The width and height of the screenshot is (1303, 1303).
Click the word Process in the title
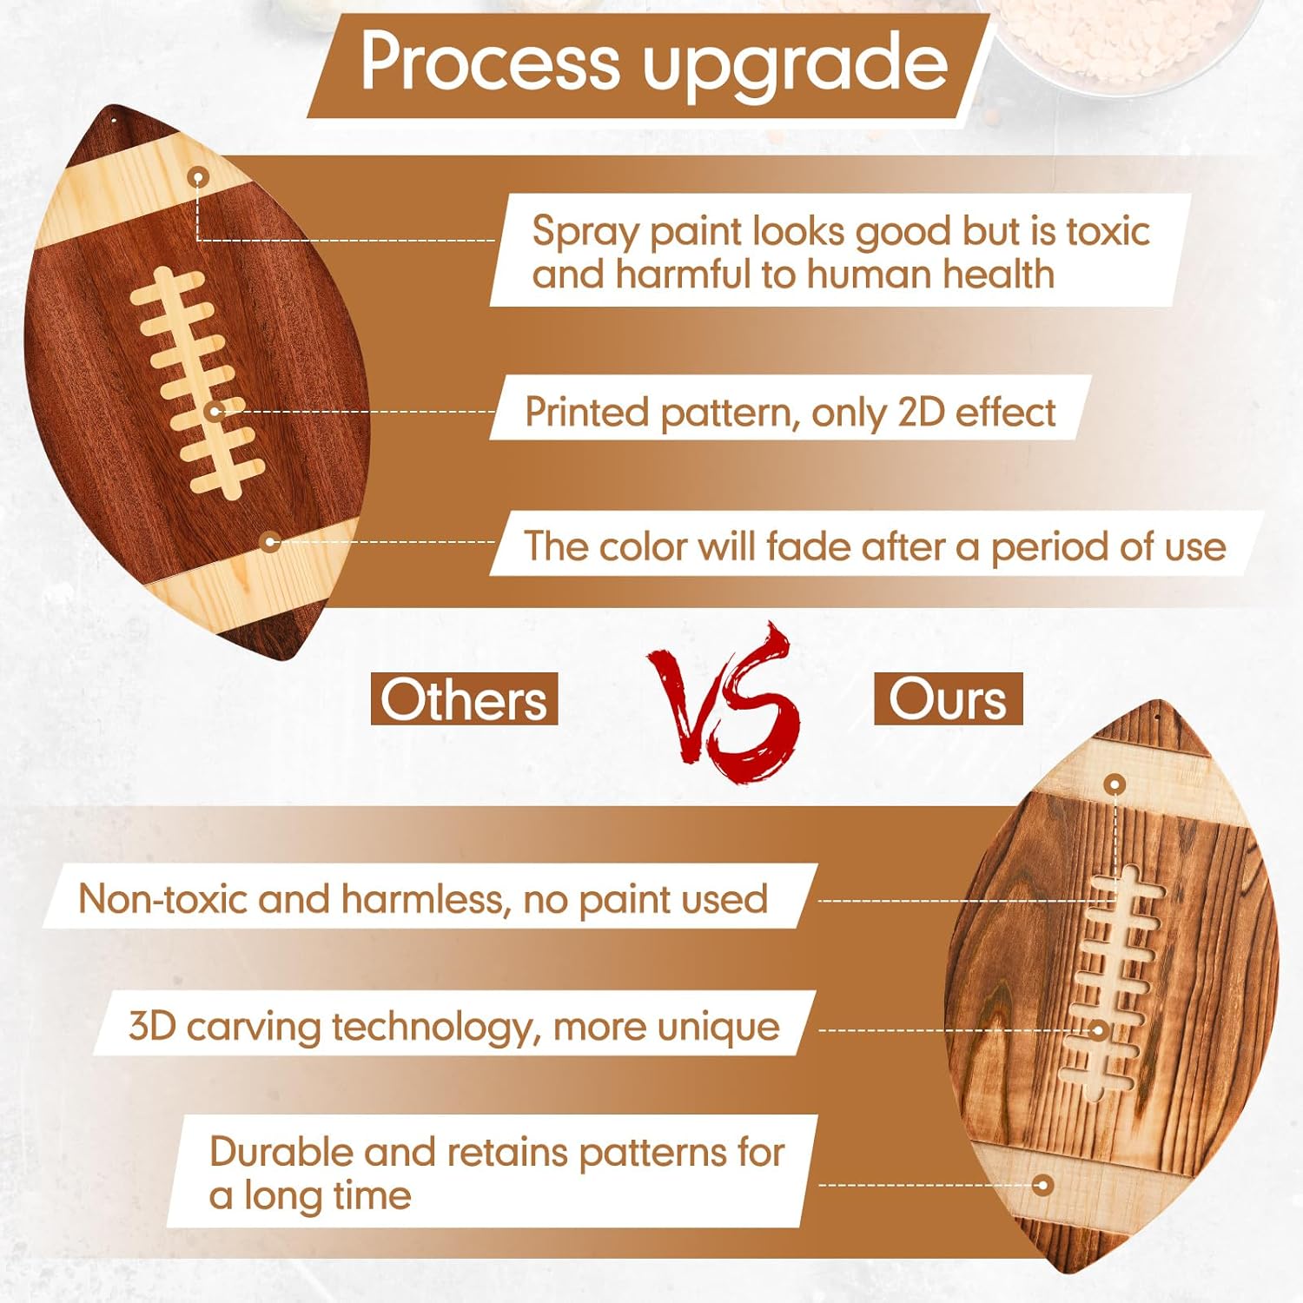tap(489, 63)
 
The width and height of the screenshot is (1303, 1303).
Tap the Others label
tap(464, 699)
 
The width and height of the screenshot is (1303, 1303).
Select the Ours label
tap(948, 698)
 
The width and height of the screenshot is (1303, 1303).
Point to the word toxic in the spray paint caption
tap(1108, 232)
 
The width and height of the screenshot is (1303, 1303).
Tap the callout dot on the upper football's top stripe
tap(199, 178)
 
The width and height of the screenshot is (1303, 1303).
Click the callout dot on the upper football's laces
tap(215, 412)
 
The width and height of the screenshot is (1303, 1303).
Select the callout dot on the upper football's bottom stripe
tap(270, 542)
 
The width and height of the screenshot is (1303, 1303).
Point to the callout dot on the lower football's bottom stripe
tap(1043, 1185)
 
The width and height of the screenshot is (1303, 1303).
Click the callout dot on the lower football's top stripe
tap(1115, 784)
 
